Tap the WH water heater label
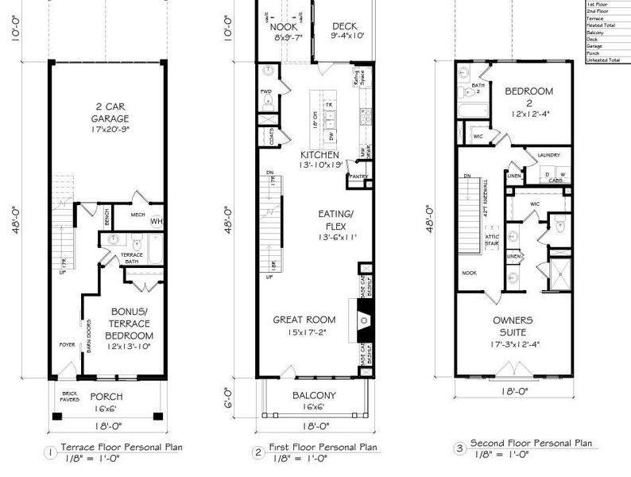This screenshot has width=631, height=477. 157,221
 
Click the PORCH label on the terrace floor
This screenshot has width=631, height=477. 106,397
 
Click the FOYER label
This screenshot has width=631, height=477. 66,344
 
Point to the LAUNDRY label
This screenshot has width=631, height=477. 549,156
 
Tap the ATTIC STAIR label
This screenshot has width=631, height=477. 492,241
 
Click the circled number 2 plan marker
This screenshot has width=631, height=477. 258,452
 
